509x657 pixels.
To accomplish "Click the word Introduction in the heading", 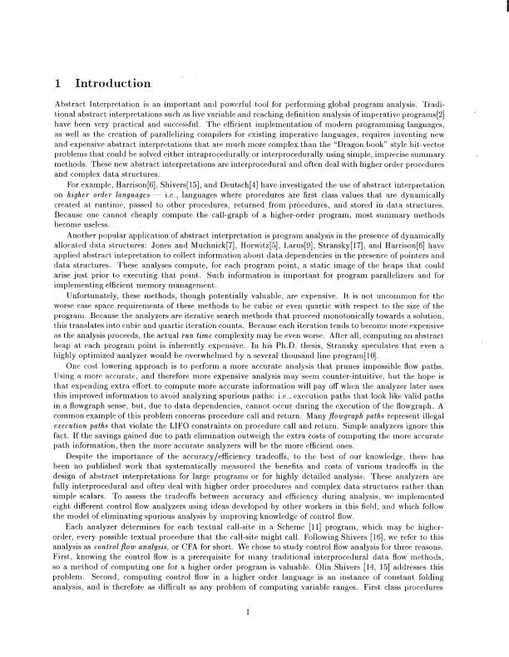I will click(112, 83).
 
